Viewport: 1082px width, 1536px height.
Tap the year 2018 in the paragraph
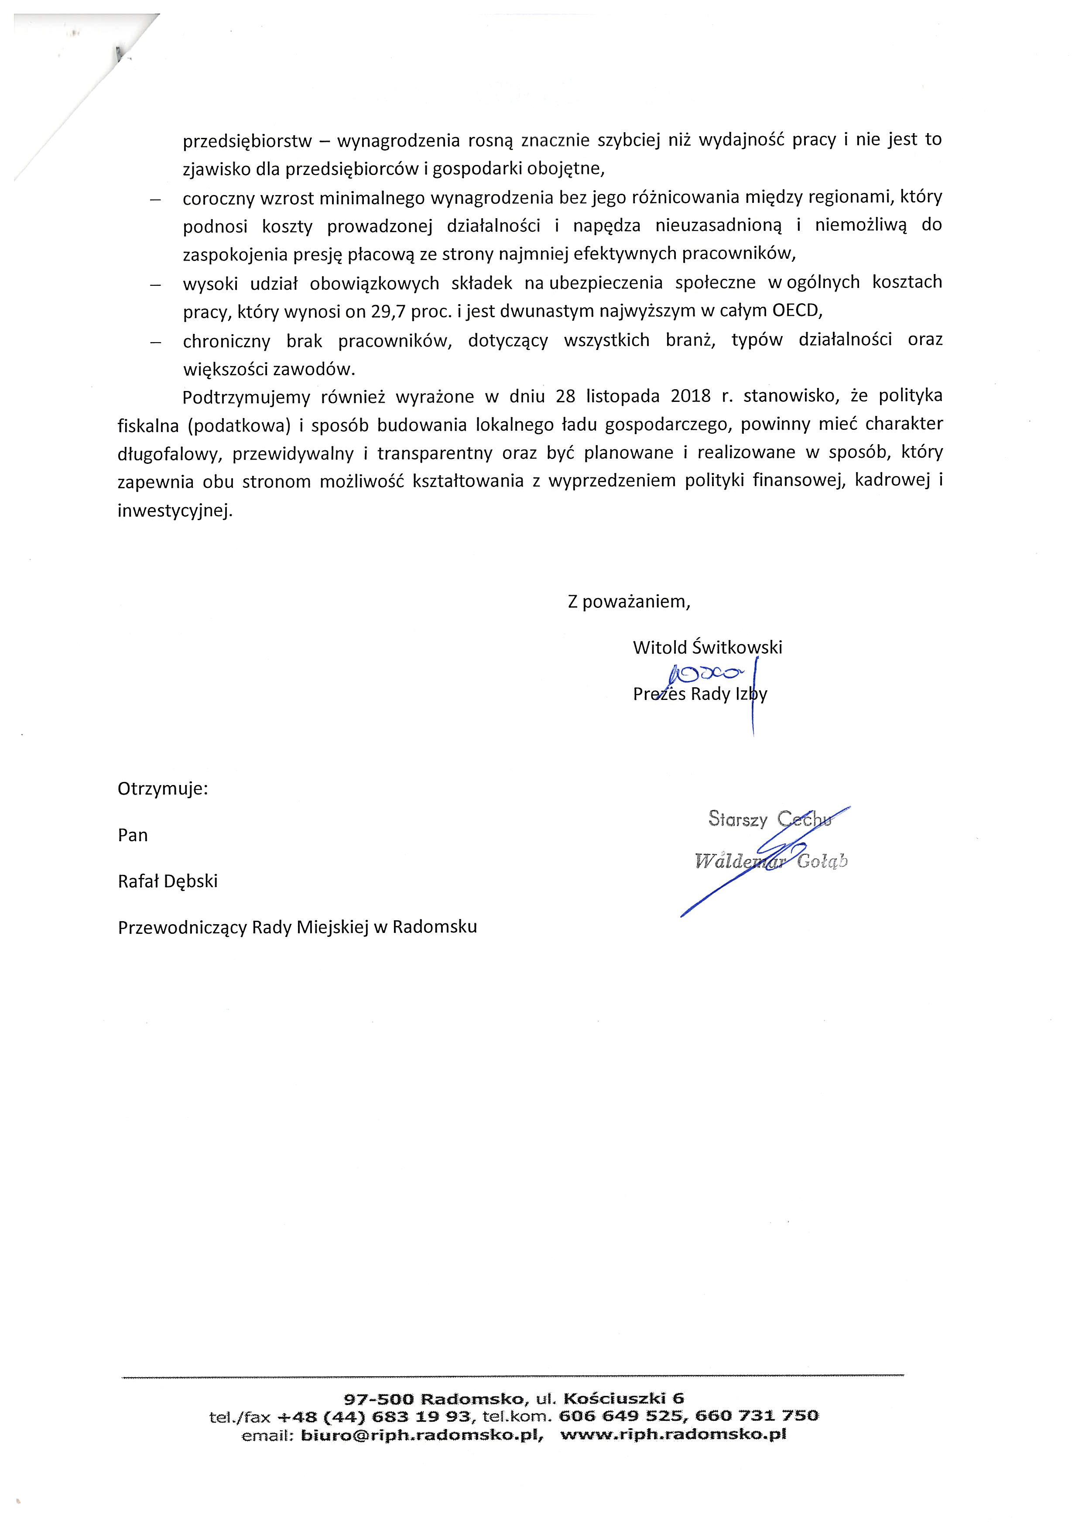690,396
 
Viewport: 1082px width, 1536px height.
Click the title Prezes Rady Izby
699,694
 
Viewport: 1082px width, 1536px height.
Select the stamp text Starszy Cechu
769,819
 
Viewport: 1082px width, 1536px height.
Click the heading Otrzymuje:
162,789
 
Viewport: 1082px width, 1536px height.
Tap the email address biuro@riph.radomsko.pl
422,1434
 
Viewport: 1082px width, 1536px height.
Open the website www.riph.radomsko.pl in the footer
673,1434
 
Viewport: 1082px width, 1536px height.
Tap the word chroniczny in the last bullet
226,341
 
